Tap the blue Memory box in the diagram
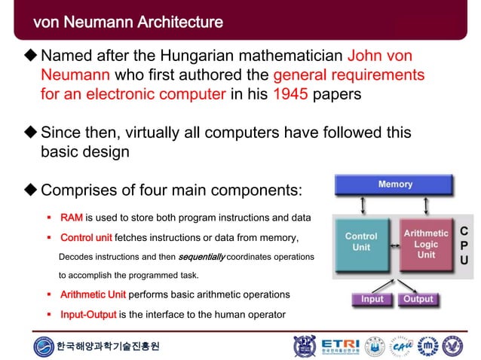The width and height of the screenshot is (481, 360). click(395, 185)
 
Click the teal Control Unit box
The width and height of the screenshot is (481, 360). click(361, 243)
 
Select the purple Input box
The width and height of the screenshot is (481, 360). click(372, 299)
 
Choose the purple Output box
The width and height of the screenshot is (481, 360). click(418, 299)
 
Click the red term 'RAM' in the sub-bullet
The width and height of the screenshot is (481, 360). click(72, 218)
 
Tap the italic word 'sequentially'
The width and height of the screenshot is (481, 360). click(201, 258)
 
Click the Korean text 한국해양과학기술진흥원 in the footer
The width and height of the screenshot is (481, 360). click(109, 347)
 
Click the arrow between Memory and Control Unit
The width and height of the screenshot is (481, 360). click(365, 206)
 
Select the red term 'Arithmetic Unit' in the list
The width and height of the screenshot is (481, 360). click(94, 294)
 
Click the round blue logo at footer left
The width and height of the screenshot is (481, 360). click(44, 346)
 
